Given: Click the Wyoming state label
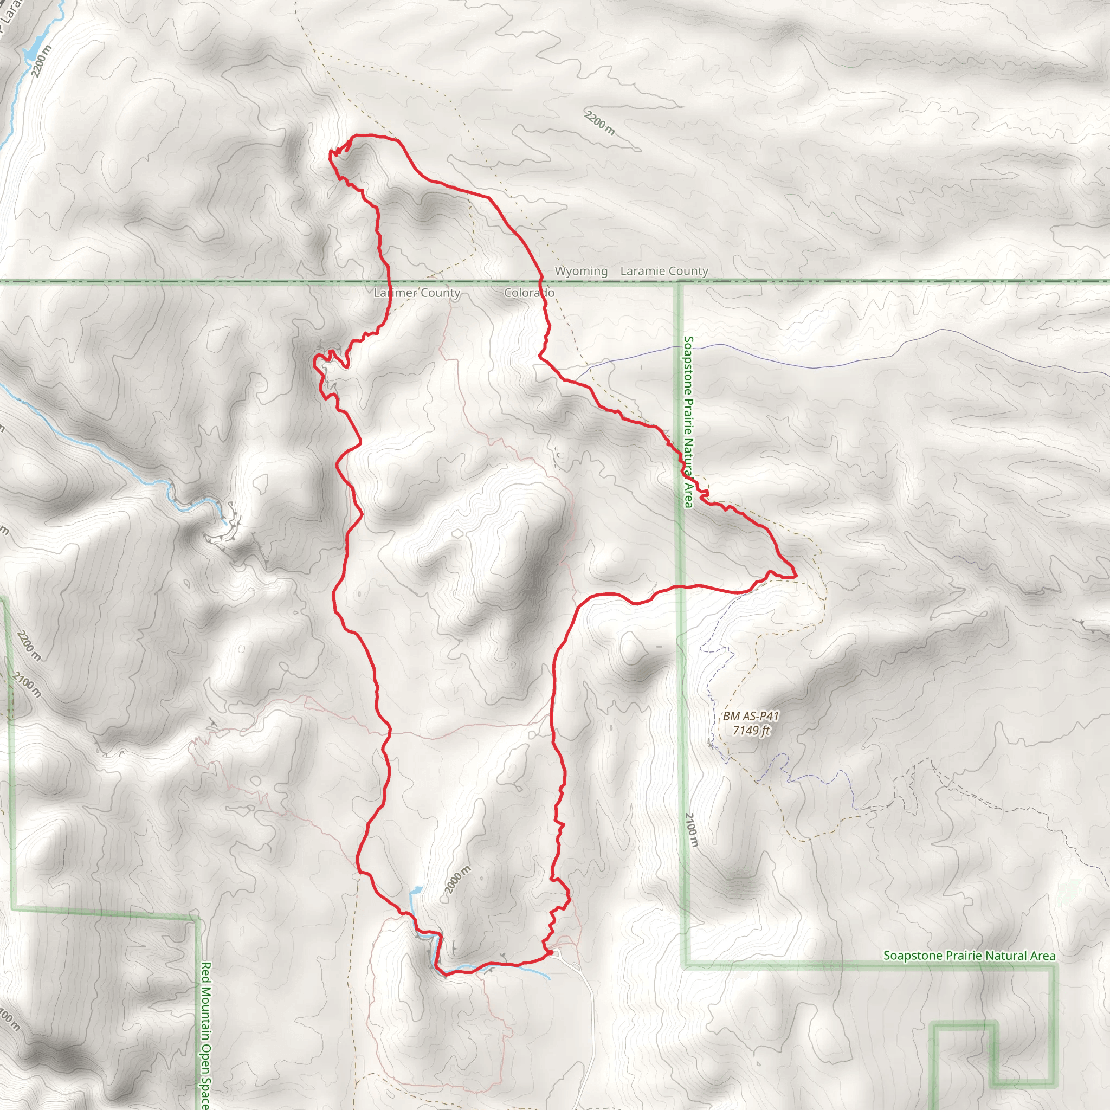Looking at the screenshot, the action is tap(581, 270).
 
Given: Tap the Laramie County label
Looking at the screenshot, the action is tap(664, 270).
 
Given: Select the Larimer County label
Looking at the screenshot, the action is tap(417, 293).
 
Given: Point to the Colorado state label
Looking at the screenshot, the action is tap(529, 293).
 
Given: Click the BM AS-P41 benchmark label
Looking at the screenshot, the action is tap(750, 716).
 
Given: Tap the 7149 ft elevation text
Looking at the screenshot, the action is tap(750, 730).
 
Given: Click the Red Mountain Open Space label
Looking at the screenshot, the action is tap(205, 1034).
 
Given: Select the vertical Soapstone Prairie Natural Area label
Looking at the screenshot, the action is tap(688, 422).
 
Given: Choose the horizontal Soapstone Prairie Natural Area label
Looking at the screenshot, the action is tap(969, 956).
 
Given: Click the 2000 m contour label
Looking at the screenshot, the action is tap(457, 880).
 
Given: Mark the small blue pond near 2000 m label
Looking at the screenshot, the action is tap(415, 892).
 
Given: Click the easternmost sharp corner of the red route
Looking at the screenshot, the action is tap(796, 575).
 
